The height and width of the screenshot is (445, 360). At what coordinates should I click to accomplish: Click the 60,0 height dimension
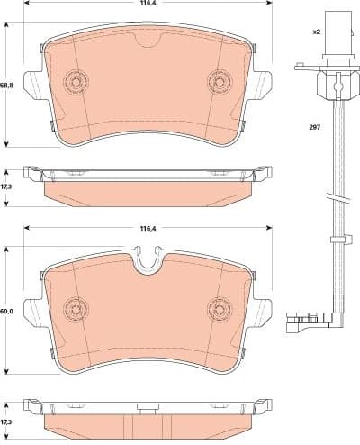coord(7,312)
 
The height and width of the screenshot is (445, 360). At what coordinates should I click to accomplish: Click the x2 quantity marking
coord(316,32)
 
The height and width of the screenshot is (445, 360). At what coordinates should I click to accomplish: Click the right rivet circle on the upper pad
coord(219,81)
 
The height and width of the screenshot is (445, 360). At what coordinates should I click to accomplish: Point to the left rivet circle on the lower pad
coord(75,308)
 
